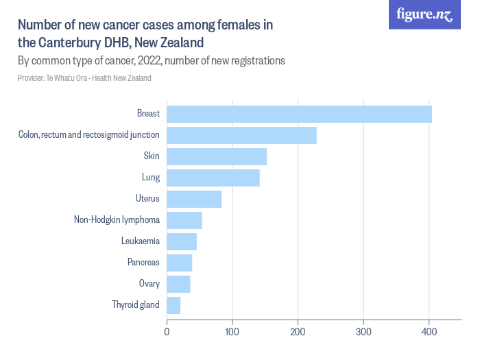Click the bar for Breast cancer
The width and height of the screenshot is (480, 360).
click(299, 114)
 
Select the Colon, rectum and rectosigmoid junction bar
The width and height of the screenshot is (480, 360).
click(241, 135)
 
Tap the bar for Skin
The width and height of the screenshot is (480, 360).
click(216, 156)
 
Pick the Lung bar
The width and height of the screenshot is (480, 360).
click(213, 178)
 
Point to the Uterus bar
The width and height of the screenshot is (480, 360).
click(194, 199)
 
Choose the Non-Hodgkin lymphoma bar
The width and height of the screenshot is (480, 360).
click(184, 220)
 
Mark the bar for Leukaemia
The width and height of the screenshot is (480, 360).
click(182, 241)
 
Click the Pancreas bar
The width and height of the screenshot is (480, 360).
click(179, 263)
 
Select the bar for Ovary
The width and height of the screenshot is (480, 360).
click(178, 284)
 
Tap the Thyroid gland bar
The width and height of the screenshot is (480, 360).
click(173, 305)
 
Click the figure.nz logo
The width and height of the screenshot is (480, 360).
click(425, 15)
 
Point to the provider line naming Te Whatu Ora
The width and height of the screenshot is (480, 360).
click(84, 78)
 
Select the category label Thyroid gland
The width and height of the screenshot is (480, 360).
click(136, 305)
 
